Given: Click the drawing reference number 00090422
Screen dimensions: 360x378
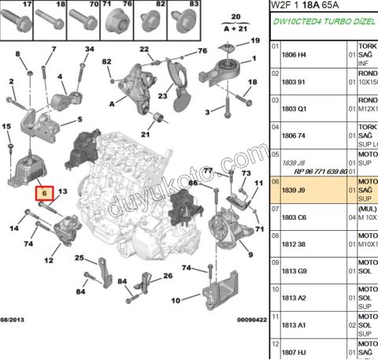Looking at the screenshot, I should [x=245, y=321].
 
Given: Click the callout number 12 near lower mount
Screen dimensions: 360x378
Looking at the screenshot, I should [x=48, y=260].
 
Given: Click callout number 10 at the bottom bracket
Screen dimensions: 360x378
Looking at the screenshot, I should [x=176, y=299].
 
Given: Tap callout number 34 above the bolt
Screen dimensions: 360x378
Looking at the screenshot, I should [x=89, y=50].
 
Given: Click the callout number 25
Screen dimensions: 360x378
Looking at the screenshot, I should [x=80, y=258].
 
